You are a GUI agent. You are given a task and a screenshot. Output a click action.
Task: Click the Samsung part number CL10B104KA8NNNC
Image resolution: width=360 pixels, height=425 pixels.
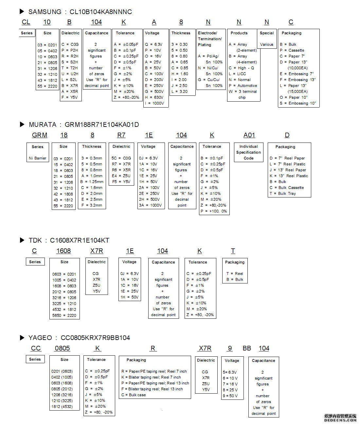pos(100,12)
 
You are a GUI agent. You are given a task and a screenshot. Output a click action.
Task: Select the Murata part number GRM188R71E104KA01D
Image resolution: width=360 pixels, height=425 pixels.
pos(102,125)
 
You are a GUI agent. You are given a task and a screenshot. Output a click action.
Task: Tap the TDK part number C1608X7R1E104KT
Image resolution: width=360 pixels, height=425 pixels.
pos(80,240)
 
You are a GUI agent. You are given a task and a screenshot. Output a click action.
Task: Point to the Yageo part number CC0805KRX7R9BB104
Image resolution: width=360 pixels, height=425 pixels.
pos(93,338)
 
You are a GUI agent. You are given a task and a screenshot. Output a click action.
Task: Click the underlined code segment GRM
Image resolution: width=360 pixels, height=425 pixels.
pos(40,135)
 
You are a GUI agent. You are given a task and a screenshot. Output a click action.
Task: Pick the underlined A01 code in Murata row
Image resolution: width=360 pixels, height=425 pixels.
pos(249,135)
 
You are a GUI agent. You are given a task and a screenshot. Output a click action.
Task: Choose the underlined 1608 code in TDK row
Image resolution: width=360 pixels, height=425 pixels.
pos(63,251)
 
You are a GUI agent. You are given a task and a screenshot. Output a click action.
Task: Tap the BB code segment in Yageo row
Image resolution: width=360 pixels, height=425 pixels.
pos(247,348)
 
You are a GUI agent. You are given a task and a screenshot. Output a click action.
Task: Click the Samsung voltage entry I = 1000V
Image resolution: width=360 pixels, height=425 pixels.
pos(154,103)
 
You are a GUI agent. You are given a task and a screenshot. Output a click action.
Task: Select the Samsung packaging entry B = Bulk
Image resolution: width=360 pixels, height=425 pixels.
pos(288,44)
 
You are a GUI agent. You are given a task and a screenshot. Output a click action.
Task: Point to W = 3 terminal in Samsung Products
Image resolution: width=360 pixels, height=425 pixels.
pos(243,92)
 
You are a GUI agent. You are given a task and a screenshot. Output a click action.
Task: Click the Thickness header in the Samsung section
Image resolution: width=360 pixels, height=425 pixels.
pos(181,33)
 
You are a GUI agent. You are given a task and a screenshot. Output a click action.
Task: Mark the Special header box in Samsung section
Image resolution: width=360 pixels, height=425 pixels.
pos(267,33)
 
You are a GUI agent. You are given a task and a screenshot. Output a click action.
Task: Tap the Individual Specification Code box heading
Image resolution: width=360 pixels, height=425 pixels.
pos(248,152)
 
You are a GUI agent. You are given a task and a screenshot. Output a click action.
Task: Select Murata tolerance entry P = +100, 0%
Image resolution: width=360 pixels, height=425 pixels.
pos(214,211)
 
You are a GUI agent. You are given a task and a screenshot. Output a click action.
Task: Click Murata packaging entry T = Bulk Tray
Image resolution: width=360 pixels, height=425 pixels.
pos(282,194)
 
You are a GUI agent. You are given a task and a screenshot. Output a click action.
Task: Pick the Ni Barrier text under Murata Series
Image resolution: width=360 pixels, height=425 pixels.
pos(38,158)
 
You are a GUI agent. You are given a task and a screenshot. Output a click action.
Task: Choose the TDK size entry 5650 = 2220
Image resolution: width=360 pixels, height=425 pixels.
pos(64,315)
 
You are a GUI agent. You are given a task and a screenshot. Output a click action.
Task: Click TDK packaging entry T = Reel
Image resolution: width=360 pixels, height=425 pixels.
pos(235,274)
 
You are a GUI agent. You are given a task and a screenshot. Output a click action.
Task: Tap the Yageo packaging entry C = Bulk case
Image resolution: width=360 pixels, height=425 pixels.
pos(134,395)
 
